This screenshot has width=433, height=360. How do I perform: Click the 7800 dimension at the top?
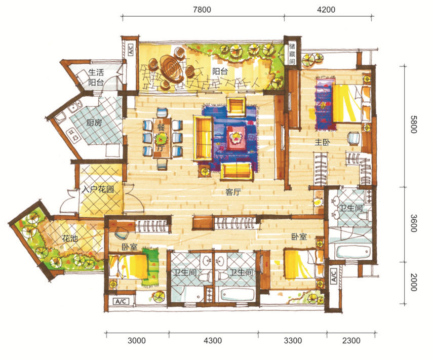[202, 10]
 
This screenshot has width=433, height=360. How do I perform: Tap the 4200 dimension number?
[326, 10]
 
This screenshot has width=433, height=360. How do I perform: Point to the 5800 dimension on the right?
[413, 125]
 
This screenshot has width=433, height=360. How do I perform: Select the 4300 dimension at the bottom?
[213, 340]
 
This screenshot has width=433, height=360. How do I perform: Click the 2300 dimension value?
[351, 340]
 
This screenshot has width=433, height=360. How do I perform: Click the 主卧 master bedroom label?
[323, 142]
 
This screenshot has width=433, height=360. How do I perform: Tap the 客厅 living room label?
[233, 192]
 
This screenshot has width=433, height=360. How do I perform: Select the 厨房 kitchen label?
[94, 123]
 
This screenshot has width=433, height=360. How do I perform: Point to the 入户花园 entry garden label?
[98, 189]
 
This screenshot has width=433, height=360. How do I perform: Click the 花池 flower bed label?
[70, 238]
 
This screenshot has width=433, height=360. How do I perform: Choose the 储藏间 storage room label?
[292, 54]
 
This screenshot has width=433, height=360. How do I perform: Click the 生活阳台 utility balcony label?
[96, 77]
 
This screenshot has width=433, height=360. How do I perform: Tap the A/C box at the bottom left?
[121, 301]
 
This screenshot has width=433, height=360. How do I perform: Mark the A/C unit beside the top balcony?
[131, 50]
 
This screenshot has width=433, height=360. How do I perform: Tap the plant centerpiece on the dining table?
[162, 138]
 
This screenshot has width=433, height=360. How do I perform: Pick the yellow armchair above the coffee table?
[236, 105]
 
